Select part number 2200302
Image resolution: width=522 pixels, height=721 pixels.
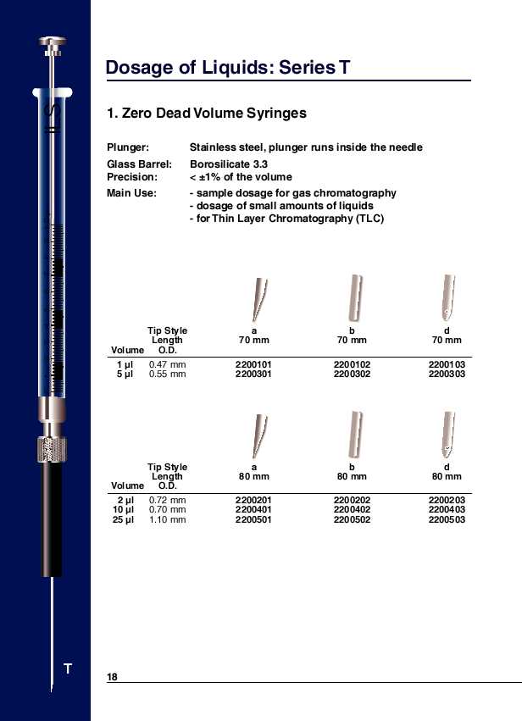(352, 373)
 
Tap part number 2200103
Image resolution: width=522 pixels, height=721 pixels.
(447, 364)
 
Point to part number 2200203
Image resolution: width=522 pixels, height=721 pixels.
(447, 501)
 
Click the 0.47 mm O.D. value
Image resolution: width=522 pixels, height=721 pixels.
(167, 364)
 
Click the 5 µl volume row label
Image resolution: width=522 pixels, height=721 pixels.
(125, 373)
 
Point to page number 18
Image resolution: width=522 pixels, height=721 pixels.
(112, 677)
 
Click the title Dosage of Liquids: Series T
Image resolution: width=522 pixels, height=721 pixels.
(228, 68)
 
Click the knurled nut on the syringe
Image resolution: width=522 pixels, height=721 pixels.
(52, 447)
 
